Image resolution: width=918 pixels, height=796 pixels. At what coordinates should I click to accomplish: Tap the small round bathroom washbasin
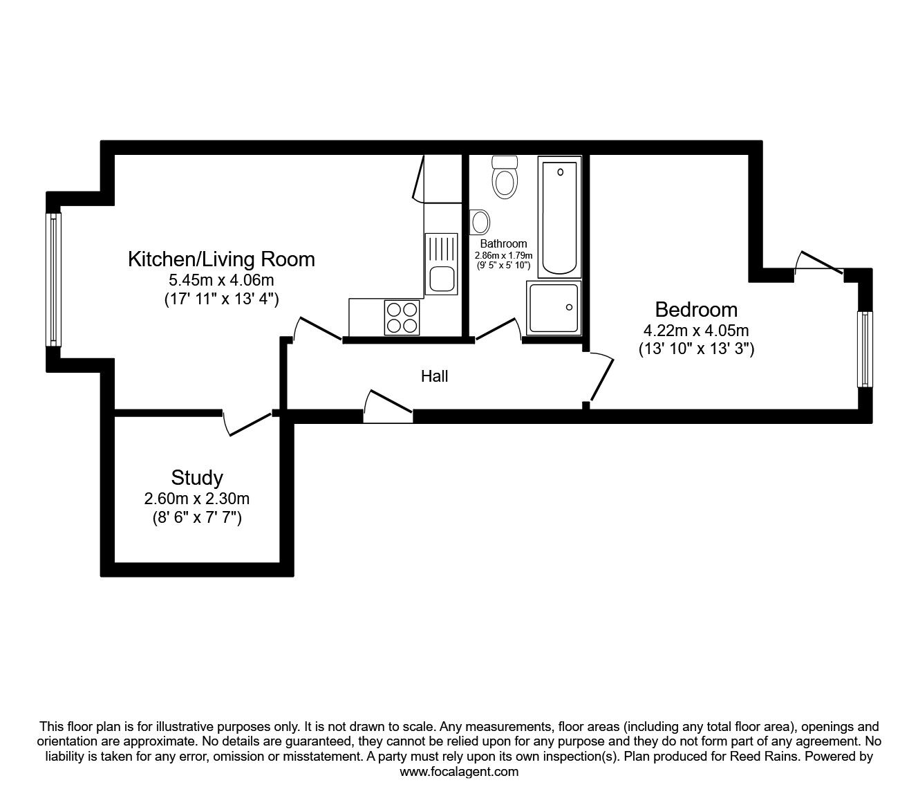(480, 221)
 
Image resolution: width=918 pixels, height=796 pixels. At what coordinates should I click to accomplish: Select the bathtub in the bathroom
(560, 217)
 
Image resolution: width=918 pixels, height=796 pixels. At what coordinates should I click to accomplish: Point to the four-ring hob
(402, 317)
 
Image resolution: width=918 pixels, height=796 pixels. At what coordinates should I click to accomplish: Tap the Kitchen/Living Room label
(221, 259)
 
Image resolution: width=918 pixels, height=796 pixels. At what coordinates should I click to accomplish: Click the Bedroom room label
(696, 309)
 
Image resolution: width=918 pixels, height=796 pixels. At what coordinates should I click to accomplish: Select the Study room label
(197, 478)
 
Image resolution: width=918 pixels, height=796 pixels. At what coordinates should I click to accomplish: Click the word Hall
(434, 376)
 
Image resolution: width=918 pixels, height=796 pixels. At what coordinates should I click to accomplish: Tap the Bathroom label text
(503, 243)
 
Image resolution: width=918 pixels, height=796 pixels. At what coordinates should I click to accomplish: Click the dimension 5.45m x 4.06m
(221, 281)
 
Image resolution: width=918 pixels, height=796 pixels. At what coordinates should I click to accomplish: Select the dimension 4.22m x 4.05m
(696, 331)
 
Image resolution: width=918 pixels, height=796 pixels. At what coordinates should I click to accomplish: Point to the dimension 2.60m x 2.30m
(197, 499)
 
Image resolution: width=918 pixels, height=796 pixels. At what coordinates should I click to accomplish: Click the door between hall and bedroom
(600, 378)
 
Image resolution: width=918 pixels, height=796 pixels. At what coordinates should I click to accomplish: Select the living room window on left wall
(53, 279)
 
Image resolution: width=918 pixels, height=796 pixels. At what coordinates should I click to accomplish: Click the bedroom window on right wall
(864, 349)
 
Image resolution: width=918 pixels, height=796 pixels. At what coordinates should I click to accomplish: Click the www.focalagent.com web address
(459, 772)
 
